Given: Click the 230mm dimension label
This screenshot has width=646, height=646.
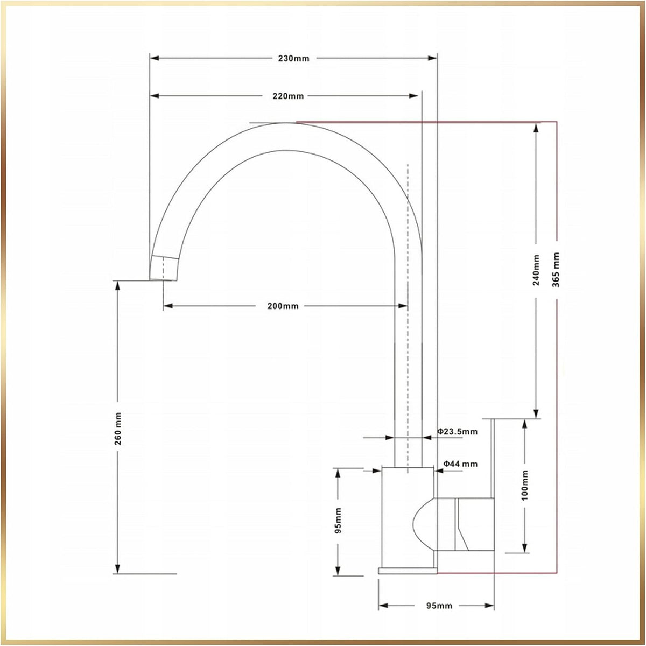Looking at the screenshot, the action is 293,58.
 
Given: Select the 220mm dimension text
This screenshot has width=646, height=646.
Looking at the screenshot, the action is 288,96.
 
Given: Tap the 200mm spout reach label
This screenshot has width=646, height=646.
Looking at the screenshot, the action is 283,306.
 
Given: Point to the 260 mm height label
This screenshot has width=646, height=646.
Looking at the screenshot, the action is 118,429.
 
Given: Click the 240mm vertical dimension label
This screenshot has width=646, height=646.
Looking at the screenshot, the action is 536,270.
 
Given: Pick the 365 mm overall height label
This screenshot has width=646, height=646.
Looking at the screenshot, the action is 556,270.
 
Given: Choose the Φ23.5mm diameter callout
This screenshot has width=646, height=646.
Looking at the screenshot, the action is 457,431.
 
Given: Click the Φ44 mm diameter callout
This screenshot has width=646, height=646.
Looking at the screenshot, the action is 460,464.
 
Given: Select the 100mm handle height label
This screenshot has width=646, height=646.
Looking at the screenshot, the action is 525,486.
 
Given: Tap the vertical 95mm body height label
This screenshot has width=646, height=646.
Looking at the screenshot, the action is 338,521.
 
